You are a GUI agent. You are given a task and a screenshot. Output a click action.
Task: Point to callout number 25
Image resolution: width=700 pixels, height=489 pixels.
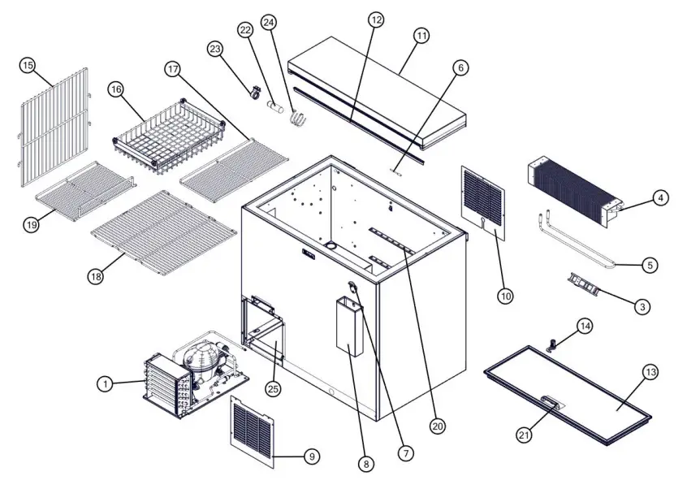click(x=273, y=389)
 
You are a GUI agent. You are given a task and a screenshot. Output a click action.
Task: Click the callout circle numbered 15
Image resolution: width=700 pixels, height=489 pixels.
click(x=28, y=65)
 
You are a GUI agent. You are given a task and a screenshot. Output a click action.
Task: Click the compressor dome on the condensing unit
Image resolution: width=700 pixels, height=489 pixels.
click(x=198, y=357)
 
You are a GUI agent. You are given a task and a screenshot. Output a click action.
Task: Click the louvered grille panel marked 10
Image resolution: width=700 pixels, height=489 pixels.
click(x=483, y=203)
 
